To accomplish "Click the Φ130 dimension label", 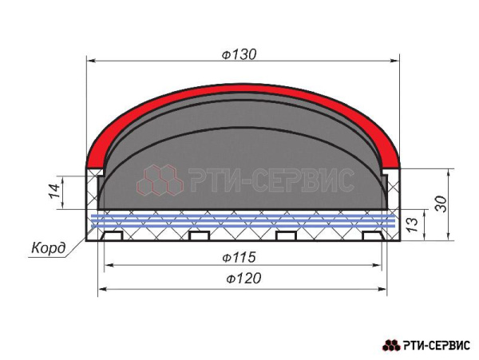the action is (x=239, y=54).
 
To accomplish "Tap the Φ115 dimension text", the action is (x=239, y=257).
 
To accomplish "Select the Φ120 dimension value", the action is (x=243, y=278).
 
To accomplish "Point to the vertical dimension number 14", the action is (x=55, y=192).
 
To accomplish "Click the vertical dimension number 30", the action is (x=441, y=204).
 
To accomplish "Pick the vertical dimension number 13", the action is (x=412, y=224).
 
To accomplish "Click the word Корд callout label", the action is (x=49, y=248).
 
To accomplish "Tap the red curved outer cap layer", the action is (x=243, y=89).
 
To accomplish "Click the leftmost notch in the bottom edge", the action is (x=112, y=235).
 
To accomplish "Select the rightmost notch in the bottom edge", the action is (x=373, y=235).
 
